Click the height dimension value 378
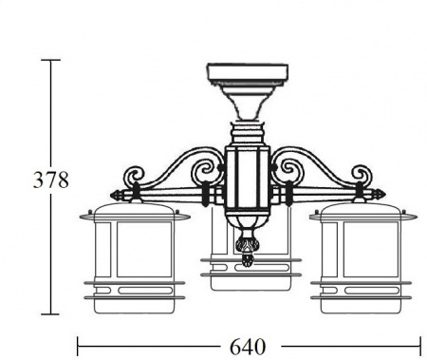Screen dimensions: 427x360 pos(51,180)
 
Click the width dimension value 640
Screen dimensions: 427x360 pos(248,347)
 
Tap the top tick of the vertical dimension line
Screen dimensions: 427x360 pos(50,60)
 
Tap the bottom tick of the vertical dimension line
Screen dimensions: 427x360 pos(50,314)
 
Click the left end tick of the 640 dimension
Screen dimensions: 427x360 pos(78,347)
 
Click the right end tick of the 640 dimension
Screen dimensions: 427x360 pos(420,347)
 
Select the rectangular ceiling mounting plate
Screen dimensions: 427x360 pos(248,72)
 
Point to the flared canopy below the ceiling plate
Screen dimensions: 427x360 pos(248,102)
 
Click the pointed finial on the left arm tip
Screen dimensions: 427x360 pos(117,195)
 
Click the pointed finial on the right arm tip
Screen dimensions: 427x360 pos(379,194)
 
